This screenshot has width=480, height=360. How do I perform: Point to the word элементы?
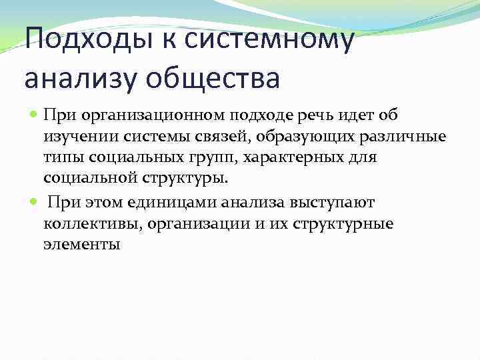(81, 244)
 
